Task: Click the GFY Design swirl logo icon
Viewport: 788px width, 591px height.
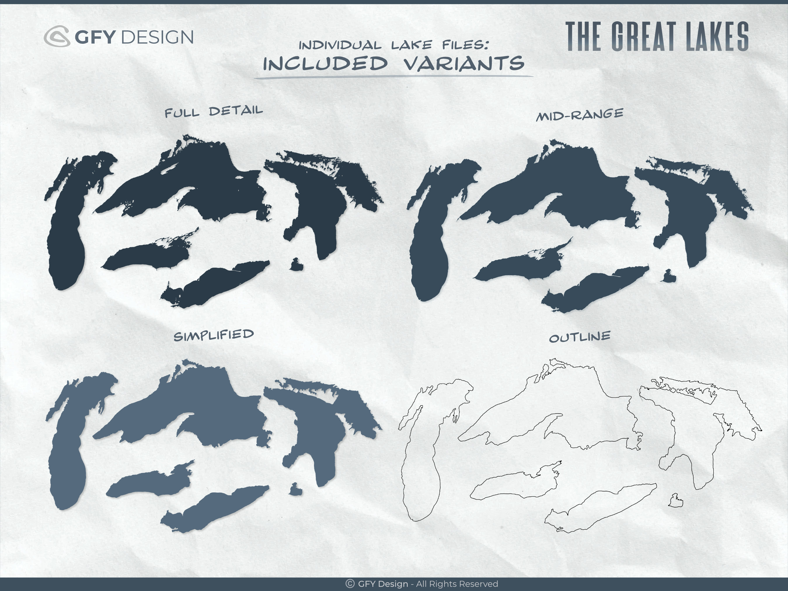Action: coord(57,36)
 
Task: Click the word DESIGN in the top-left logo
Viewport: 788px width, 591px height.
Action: coord(158,37)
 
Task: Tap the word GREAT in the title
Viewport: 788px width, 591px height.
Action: coord(643,37)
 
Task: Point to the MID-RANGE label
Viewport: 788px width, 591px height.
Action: coord(580,115)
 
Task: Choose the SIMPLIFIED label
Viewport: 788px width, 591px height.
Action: coord(213,335)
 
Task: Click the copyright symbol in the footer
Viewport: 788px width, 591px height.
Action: coord(350,583)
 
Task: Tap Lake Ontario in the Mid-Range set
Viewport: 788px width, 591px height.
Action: coord(520,265)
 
